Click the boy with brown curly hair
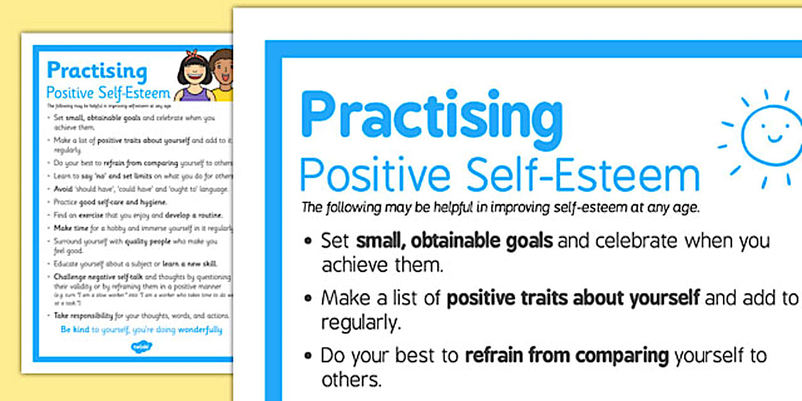click(222, 74)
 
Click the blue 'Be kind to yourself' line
click(141, 330)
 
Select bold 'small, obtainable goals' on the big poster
click(454, 241)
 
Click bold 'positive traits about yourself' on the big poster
click(573, 298)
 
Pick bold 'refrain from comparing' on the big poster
click(566, 355)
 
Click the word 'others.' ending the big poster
click(351, 379)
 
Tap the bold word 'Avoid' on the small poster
click(62, 190)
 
